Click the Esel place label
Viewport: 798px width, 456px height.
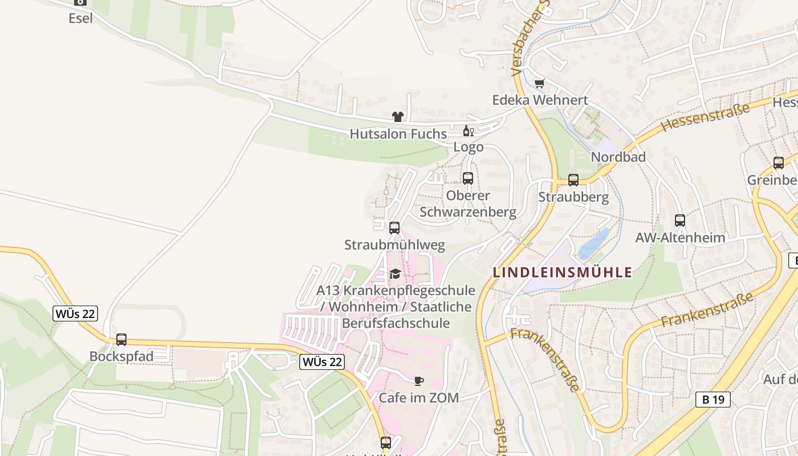click(80, 18)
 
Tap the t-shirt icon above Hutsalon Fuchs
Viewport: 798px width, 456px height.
click(398, 117)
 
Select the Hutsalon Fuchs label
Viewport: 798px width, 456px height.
click(398, 134)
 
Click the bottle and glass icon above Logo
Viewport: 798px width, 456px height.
click(468, 131)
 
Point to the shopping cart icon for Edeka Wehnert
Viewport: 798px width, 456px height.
click(539, 84)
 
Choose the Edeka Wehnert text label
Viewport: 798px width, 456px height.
click(540, 100)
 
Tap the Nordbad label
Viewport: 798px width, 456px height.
click(618, 157)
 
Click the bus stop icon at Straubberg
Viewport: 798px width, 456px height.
click(573, 180)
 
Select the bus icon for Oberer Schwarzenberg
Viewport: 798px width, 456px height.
click(468, 178)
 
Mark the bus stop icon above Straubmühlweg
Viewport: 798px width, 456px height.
click(394, 228)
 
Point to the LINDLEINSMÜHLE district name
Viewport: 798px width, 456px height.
click(563, 272)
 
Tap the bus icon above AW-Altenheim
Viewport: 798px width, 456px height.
click(679, 220)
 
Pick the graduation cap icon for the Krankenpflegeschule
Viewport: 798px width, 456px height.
click(395, 274)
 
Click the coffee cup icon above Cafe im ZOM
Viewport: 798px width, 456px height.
click(419, 381)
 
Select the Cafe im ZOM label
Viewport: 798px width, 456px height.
click(419, 398)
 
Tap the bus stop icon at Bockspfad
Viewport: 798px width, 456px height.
click(121, 340)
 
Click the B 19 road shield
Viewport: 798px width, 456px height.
click(713, 400)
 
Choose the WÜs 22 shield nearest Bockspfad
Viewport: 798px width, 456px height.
click(75, 313)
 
